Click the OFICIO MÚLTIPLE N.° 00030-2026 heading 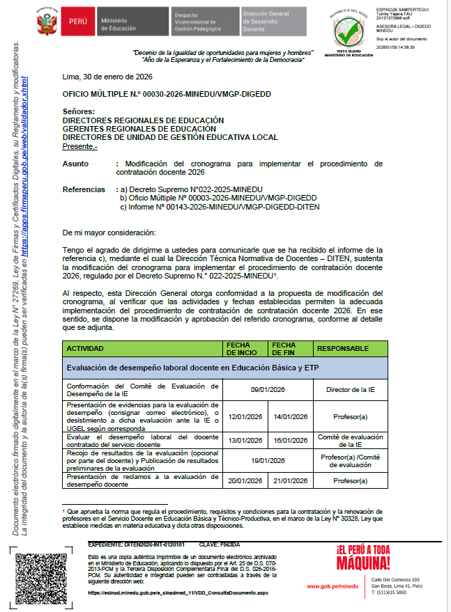tap(166, 93)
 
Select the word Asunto tap(75, 164)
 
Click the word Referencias tap(84, 189)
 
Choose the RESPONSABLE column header tap(344, 347)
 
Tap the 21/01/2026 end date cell tap(290, 480)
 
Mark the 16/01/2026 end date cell tap(290, 440)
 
